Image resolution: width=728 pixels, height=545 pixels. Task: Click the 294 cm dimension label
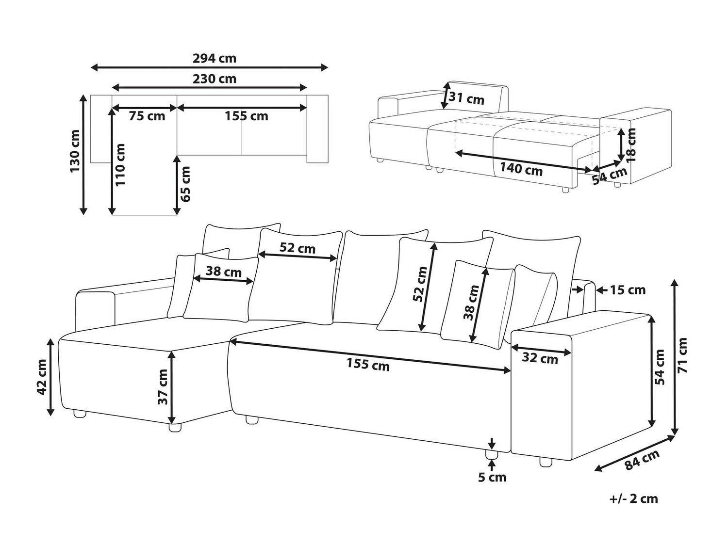(214, 59)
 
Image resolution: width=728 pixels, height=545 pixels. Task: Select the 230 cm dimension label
(214, 79)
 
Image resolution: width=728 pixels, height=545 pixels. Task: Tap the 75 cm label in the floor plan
(147, 116)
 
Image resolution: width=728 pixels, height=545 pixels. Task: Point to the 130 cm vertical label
(76, 151)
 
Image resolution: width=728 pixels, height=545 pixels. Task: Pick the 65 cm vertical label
(185, 184)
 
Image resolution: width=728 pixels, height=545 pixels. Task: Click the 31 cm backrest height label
(466, 98)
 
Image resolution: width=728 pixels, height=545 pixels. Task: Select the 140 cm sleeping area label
(521, 169)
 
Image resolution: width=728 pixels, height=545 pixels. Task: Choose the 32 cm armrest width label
(540, 359)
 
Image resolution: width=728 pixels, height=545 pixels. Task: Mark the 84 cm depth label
(641, 460)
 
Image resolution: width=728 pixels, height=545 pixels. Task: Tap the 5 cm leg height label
(492, 478)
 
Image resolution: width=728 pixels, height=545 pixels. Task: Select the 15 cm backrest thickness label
(628, 290)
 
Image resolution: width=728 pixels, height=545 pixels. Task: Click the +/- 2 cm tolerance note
(634, 498)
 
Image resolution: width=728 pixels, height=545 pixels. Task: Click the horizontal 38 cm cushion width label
(223, 272)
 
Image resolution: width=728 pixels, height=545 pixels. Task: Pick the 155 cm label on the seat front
(368, 364)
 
